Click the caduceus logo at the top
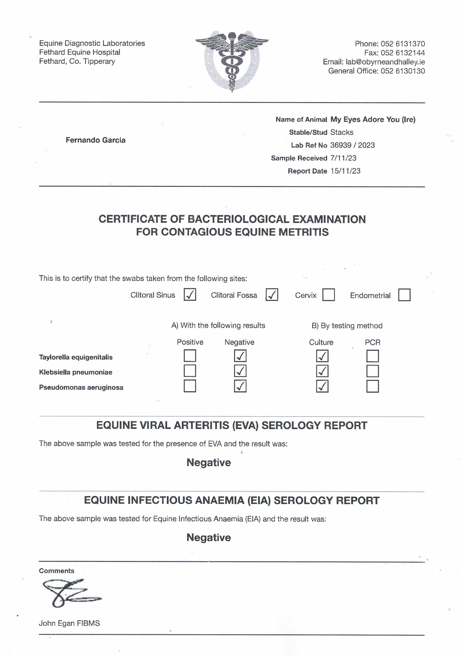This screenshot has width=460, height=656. (x=232, y=61)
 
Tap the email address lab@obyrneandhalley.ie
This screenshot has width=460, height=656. (x=385, y=62)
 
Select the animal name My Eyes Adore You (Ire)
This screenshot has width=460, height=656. (x=373, y=119)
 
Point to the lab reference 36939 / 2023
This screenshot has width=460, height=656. (x=352, y=145)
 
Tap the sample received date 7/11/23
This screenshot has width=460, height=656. (x=343, y=158)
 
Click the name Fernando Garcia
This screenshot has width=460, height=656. (x=95, y=140)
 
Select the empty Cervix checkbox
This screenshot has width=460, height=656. (x=329, y=295)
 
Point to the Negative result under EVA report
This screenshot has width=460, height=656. (x=209, y=462)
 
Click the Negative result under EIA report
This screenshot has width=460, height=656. (x=209, y=537)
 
